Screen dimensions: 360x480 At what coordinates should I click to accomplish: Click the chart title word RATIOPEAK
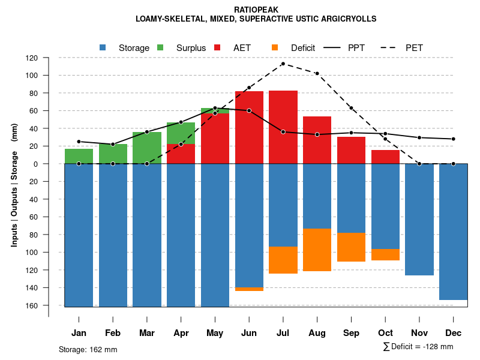(257, 10)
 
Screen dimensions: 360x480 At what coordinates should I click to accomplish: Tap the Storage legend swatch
(103, 47)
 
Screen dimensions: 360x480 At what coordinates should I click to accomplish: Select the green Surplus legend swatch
(161, 47)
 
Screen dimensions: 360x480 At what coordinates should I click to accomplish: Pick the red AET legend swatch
(217, 47)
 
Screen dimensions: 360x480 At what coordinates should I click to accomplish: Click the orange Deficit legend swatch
(275, 47)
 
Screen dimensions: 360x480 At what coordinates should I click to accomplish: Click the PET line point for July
(283, 64)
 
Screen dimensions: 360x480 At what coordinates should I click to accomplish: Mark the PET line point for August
(317, 73)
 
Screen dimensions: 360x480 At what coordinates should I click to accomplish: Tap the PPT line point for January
(79, 142)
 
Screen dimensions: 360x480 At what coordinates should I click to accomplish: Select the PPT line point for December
(454, 139)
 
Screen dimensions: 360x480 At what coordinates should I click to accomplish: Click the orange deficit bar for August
(317, 250)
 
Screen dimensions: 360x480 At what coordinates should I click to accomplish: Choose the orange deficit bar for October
(385, 254)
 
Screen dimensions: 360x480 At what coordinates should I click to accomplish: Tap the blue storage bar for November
(419, 219)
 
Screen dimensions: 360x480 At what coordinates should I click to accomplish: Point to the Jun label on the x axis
(249, 333)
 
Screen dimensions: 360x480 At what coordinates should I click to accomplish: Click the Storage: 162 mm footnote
(88, 349)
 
